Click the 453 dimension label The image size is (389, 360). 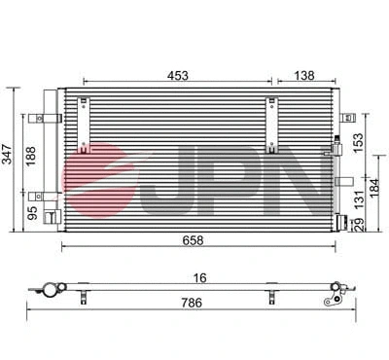(177, 74)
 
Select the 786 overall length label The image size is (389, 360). (193, 304)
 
